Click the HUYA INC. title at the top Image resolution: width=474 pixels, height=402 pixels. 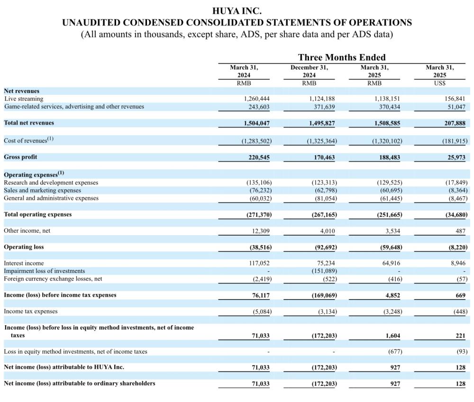[x=237, y=10]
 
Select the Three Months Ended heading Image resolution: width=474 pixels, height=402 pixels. [x=342, y=57]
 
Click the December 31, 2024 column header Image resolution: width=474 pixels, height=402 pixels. [x=309, y=71]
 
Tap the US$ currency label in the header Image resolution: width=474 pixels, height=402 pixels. [x=439, y=83]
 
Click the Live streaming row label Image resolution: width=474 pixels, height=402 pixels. [x=24, y=99]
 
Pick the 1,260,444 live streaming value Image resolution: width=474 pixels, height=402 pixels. [x=256, y=99]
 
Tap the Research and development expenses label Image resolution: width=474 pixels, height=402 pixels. [x=51, y=183]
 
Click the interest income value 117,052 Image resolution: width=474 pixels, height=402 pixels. [x=258, y=263]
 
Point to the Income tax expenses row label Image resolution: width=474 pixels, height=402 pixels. [x=31, y=311]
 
